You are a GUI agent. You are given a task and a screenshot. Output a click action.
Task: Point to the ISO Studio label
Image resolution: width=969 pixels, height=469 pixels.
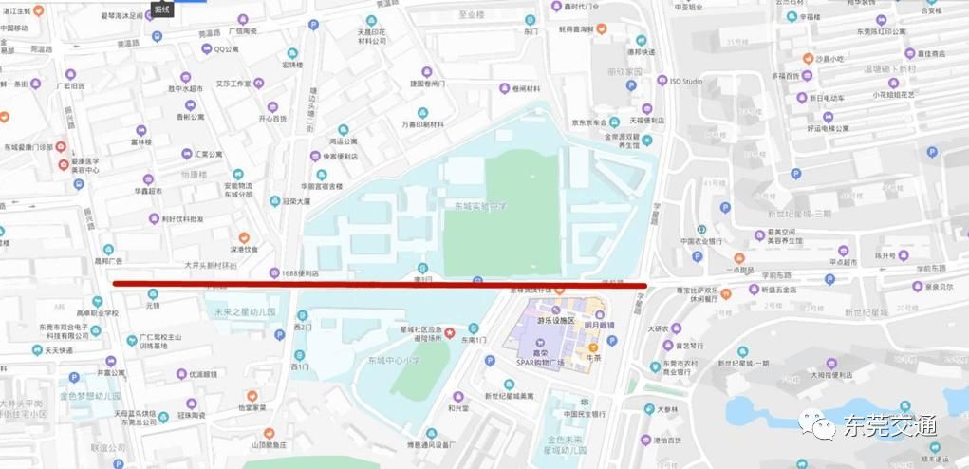[x=686, y=82]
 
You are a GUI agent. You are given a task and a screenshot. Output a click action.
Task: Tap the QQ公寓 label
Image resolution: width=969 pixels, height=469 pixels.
[x=226, y=48]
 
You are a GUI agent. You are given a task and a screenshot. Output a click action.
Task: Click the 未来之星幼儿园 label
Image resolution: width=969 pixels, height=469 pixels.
[x=244, y=311]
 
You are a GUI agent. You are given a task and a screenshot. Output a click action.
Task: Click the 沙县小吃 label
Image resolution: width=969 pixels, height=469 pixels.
[x=829, y=59]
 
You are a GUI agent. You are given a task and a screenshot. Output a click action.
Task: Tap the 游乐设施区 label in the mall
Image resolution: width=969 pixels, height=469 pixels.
[x=556, y=321]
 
